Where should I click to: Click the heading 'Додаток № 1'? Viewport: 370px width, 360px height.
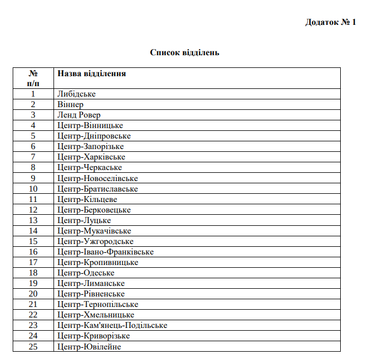330,23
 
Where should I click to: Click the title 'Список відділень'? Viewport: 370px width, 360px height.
185,52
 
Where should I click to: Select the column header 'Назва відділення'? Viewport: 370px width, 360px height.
91,73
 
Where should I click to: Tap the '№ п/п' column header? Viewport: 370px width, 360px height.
33,78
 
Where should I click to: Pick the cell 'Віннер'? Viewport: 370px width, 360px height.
70,104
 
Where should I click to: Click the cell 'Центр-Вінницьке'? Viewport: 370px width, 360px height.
90,125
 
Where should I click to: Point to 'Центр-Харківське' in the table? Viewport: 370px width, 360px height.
91,157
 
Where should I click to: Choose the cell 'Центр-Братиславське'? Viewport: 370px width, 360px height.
97,189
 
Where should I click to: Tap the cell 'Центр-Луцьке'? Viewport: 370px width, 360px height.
84,220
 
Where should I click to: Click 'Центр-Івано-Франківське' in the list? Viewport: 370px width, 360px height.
105,252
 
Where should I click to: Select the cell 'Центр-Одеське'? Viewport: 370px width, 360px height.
85,273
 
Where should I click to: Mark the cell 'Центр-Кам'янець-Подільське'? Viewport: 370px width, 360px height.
112,325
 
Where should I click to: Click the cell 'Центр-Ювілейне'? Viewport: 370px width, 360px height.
89,346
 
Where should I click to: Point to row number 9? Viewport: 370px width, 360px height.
33,178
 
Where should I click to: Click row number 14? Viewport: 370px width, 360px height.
33,231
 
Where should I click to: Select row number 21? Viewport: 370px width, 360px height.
33,304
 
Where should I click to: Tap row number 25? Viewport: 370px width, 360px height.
33,346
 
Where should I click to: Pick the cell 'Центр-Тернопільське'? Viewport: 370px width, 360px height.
98,304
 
